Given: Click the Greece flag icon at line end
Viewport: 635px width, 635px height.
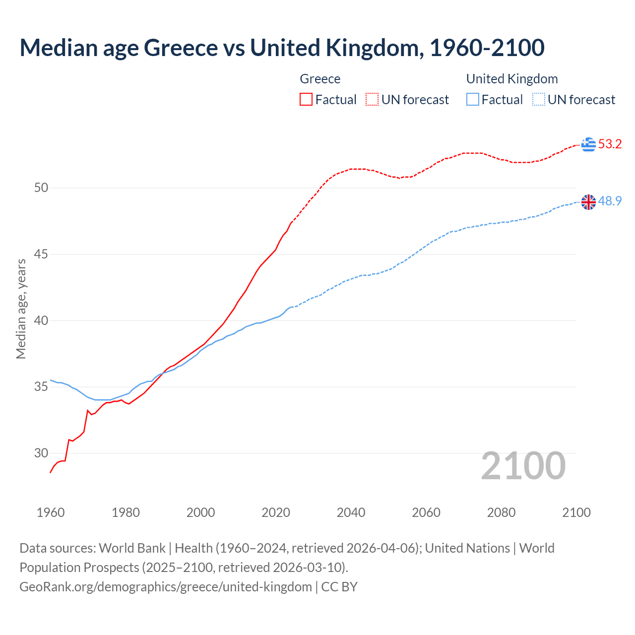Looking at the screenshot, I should pos(588,144).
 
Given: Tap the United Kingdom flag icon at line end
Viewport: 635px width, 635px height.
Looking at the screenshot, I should pos(588,202).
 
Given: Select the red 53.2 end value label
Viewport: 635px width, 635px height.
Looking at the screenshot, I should pos(610,144).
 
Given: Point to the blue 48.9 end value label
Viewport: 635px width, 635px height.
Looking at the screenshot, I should pos(610,201).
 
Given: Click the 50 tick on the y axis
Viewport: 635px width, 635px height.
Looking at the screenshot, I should pos(41,188).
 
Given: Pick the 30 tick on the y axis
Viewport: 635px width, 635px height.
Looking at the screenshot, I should pos(41,453).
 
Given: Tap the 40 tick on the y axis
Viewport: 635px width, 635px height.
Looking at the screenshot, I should pos(41,320).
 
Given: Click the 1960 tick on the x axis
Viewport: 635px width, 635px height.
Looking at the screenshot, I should pos(51,512).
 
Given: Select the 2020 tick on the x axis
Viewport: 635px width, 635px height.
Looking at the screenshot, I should pos(276,512).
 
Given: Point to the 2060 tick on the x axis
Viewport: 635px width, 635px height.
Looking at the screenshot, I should pos(426,512).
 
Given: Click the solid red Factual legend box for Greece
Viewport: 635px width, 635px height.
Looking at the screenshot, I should pos(306,100).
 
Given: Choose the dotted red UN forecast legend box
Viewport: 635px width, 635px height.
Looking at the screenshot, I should pos(372,100).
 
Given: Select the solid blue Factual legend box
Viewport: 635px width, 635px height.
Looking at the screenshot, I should pos(473,100).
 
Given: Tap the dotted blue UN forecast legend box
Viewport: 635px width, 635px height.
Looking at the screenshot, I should pos(539,100).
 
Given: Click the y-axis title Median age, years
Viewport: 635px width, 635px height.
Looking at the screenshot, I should pos(21,309).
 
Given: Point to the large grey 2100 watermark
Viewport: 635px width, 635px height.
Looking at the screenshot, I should pos(523,465).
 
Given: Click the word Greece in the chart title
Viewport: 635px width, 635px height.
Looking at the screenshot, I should pos(180,48).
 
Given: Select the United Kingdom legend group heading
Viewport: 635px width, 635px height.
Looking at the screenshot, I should pos(512,79).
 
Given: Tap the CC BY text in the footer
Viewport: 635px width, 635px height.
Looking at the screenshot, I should pos(339,587).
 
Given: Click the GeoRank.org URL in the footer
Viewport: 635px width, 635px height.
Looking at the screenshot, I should pos(166,587).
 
